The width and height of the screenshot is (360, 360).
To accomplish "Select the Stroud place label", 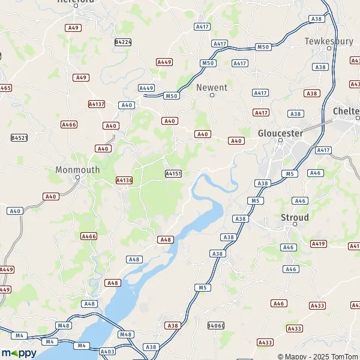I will tap(295, 217).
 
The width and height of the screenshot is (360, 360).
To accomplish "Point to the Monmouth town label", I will tap(77, 170).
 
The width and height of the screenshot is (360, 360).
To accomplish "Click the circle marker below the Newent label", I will tap(212, 95).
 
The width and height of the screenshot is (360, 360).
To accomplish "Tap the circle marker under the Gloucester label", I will tap(280, 140).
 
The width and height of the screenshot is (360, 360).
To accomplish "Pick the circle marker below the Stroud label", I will tap(295, 224).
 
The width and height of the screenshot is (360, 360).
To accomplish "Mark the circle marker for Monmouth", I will tap(77, 178).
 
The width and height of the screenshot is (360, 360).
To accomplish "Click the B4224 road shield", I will tap(122, 42).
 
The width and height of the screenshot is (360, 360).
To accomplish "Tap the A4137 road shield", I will tap(96, 104).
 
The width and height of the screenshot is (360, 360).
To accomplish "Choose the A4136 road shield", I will tap(124, 180).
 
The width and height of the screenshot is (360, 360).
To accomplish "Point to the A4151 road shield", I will tap(173, 173).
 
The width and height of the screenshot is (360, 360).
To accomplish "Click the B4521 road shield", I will tap(19, 137).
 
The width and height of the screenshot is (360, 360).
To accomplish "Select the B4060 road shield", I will tap(215, 325).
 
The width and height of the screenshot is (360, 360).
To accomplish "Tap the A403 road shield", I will tap(107, 352).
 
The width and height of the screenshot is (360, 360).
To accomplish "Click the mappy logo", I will tap(19, 353).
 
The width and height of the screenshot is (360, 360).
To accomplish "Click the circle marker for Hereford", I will tap(76, 6).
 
